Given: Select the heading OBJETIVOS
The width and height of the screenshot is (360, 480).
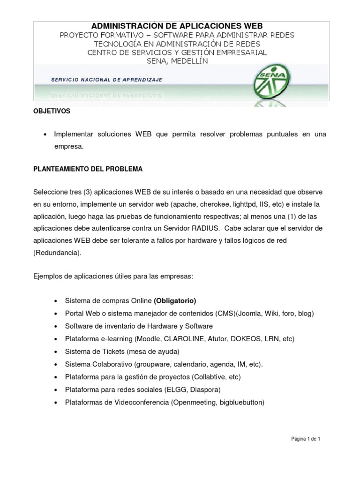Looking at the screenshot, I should click(x=52, y=111).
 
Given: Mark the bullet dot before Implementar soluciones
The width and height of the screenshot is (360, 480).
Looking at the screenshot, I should click(x=45, y=135).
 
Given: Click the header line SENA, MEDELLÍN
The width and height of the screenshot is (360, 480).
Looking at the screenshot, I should click(x=177, y=61).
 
